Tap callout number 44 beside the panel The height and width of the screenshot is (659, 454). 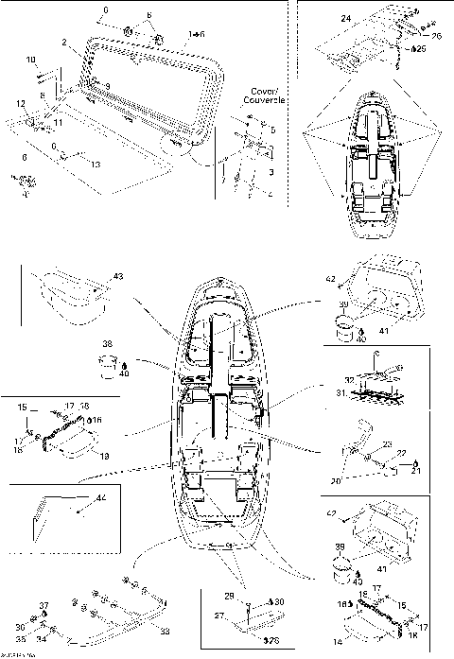pos(101,497)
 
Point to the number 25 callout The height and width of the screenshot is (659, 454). pos(421,48)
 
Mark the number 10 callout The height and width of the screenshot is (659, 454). pos(31,60)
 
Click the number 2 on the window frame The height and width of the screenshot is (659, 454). pos(62,43)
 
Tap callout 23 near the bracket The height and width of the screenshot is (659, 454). pos(388,444)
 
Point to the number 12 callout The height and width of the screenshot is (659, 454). pos(20,102)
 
